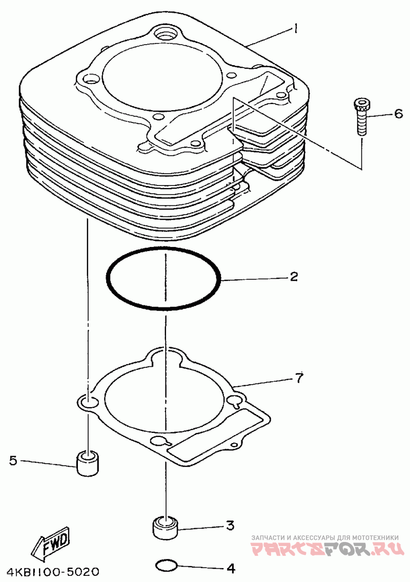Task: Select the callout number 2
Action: coord(294,277)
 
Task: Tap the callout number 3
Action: coord(230,525)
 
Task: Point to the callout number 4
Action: coord(231,568)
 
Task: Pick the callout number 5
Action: coord(13,461)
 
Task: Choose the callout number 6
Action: coord(398,114)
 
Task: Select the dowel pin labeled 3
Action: coord(165,527)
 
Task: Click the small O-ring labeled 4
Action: coord(166,566)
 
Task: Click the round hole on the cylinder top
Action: coord(167,34)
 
